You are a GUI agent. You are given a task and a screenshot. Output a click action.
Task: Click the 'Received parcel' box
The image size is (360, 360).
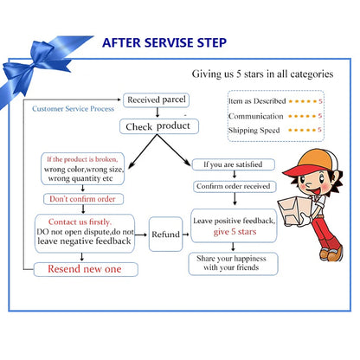click(157, 100)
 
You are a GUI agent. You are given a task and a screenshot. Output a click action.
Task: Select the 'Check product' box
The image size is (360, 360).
click(159, 126)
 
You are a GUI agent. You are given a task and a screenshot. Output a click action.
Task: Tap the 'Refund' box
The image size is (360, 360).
click(166, 235)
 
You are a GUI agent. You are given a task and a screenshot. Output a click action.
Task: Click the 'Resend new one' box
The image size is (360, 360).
click(86, 269)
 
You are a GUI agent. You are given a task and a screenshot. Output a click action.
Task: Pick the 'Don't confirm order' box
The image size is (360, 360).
click(83, 199)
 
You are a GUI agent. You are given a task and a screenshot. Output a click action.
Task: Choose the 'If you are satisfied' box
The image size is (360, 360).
click(234, 164)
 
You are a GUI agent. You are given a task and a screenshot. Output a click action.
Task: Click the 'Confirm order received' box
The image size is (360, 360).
click(235, 187)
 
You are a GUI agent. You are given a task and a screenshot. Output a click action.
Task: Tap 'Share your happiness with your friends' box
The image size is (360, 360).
click(233, 264)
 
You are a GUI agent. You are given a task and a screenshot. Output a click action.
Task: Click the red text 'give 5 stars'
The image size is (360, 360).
click(235, 232)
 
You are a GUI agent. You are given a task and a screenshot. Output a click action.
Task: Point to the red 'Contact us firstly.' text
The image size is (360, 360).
click(80, 222)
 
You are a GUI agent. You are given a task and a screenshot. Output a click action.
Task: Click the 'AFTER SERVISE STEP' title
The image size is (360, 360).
click(164, 42)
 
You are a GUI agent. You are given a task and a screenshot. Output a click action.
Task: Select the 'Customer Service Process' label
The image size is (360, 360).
click(73, 109)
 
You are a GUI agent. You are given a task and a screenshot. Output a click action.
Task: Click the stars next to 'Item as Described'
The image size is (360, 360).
click(303, 101)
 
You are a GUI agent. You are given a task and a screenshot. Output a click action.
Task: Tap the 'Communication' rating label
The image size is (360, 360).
click(255, 116)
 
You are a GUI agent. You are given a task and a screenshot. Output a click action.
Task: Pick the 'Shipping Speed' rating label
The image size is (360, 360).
click(254, 131)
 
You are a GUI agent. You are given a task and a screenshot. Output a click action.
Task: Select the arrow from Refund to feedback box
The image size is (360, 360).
click(186, 235)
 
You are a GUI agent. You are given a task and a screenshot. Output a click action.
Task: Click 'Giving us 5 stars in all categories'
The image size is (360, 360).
click(262, 74)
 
